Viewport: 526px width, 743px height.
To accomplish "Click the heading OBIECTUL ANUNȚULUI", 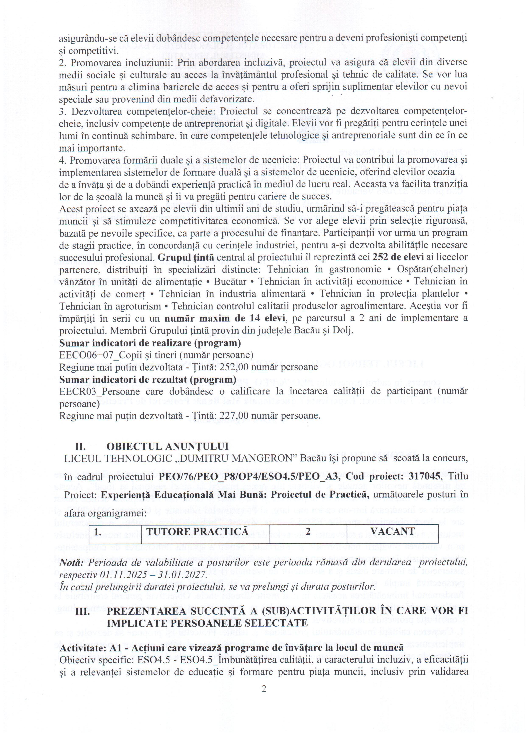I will tap(168, 446).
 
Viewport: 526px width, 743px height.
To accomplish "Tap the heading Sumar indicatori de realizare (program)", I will tap(150, 343).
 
